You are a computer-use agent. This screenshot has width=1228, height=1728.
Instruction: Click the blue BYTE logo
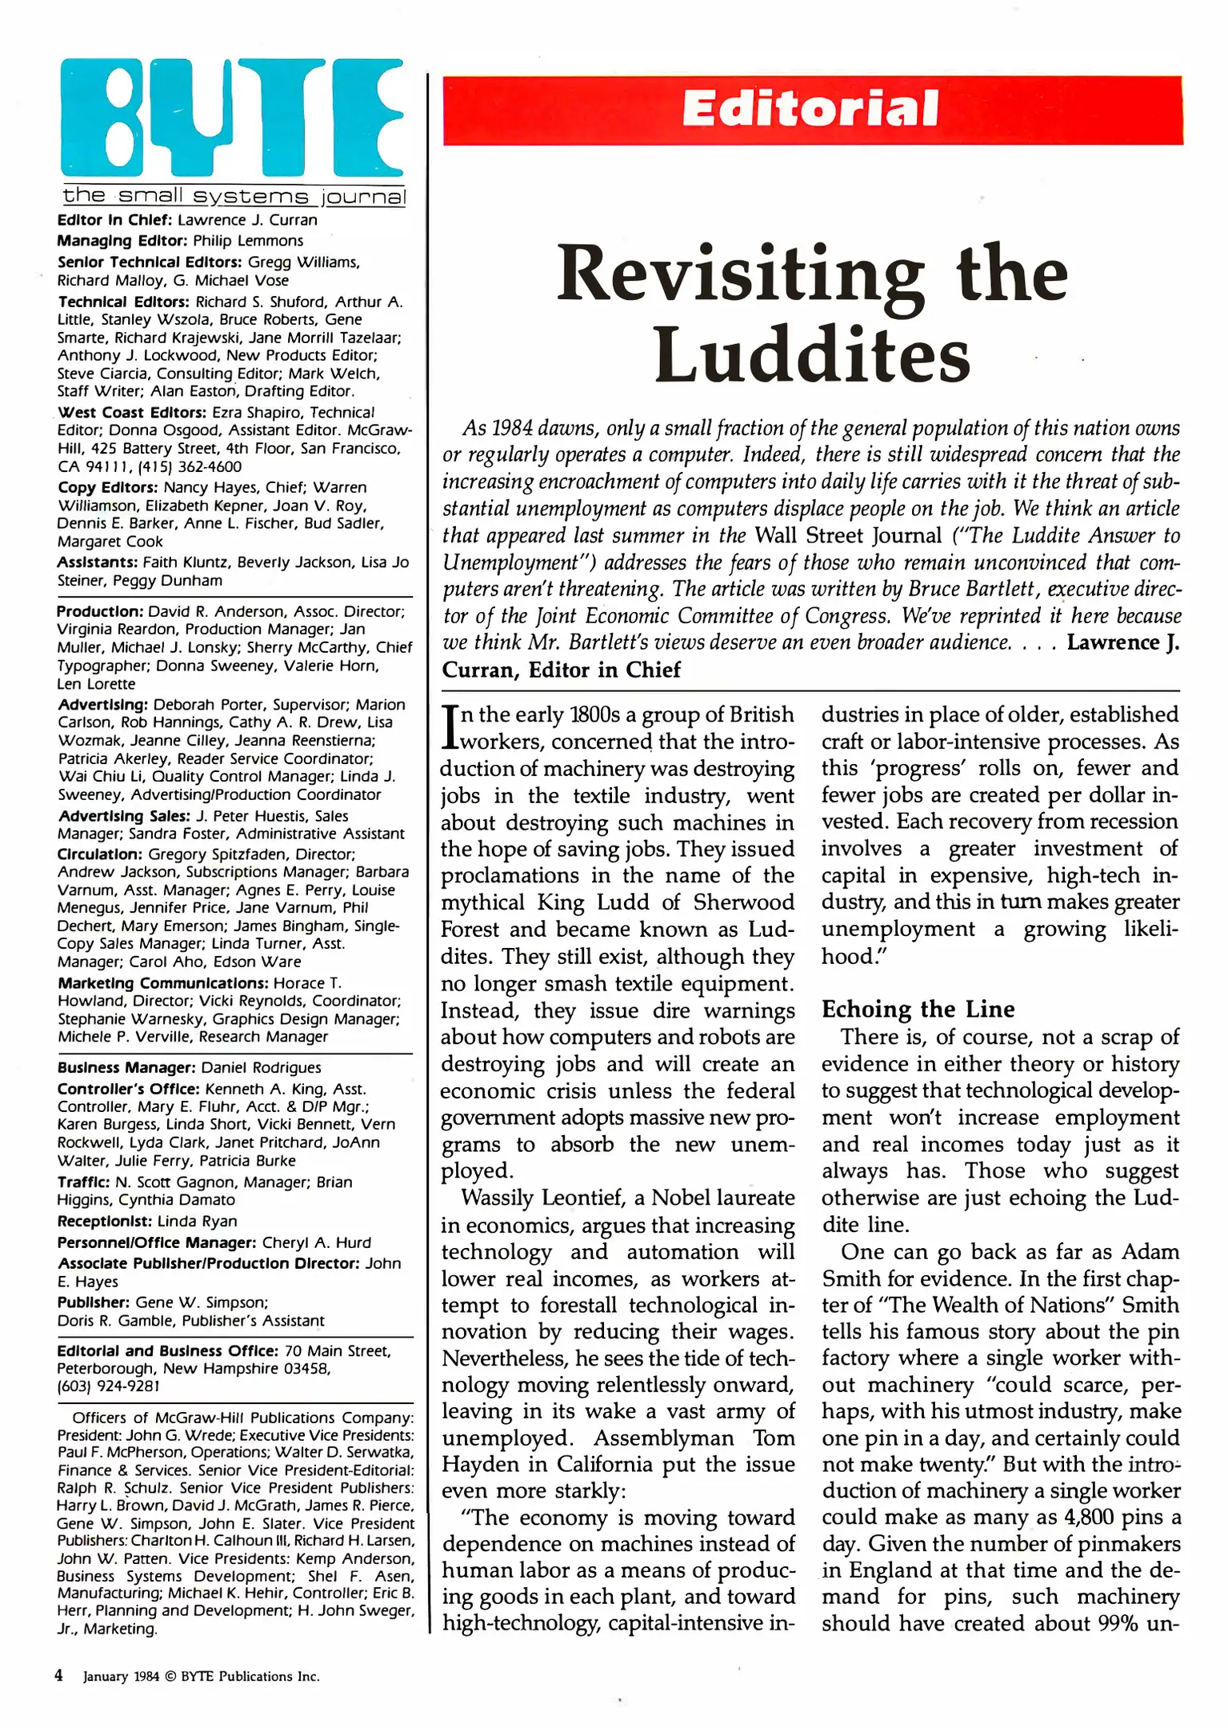point(232,118)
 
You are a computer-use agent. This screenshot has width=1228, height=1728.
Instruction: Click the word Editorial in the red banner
point(810,110)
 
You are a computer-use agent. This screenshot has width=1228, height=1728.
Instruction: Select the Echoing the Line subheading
point(918,1010)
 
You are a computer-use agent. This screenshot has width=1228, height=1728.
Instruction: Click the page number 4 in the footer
point(58,1675)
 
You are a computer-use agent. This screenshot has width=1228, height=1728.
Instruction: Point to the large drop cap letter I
point(450,727)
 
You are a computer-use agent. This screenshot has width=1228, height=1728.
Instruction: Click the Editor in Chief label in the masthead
point(114,220)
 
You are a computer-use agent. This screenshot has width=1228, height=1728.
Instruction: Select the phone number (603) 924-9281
point(109,1386)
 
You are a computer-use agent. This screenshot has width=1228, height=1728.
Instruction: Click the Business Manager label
point(126,1068)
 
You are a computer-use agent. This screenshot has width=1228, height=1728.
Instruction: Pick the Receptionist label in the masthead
point(104,1222)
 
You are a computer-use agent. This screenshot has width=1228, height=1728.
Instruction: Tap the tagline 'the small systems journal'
point(234,196)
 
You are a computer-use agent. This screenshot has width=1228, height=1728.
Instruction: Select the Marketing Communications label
point(162,983)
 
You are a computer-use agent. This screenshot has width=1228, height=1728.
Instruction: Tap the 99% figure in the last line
point(1119,1624)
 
